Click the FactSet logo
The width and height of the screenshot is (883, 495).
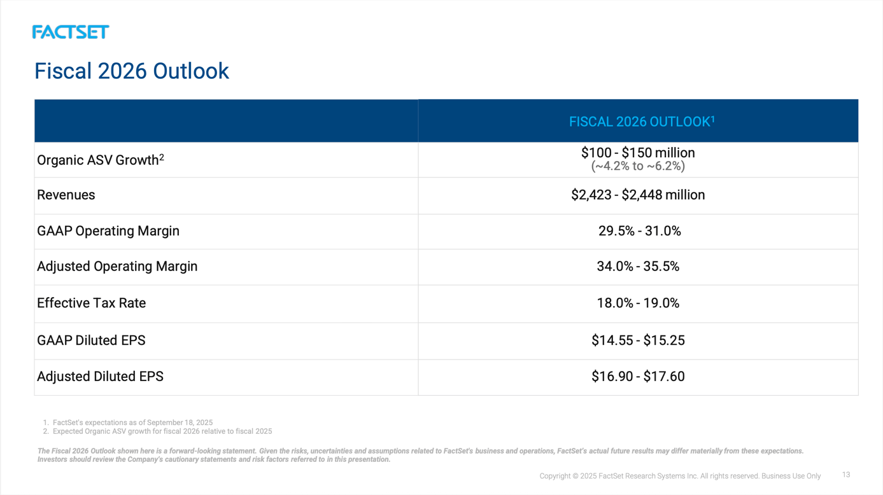pyautogui.click(x=71, y=32)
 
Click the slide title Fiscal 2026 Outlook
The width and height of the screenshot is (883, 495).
pyautogui.click(x=131, y=71)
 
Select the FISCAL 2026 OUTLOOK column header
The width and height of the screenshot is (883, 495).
pyautogui.click(x=641, y=122)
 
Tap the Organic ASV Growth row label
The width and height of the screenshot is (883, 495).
pyautogui.click(x=100, y=160)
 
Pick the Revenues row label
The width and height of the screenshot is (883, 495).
pyautogui.click(x=66, y=195)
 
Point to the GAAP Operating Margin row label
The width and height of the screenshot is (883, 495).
pyautogui.click(x=108, y=231)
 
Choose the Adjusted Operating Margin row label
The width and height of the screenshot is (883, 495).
pyautogui.click(x=117, y=267)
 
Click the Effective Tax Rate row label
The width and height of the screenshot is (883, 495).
pyautogui.click(x=91, y=303)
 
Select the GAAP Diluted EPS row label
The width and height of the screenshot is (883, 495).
pyautogui.click(x=91, y=340)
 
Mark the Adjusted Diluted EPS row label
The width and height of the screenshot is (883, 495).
pyautogui.click(x=100, y=377)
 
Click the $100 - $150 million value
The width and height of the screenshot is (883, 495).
pyautogui.click(x=638, y=153)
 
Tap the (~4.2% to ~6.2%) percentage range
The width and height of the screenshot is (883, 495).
pyautogui.click(x=638, y=167)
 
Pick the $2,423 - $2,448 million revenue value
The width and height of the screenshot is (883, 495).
pyautogui.click(x=638, y=195)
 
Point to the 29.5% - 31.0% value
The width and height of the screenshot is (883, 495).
pyautogui.click(x=639, y=231)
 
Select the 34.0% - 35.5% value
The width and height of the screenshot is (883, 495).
pyautogui.click(x=638, y=267)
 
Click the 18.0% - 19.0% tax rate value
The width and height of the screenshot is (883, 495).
pyautogui.click(x=638, y=303)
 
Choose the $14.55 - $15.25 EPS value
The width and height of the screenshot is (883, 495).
pyautogui.click(x=638, y=340)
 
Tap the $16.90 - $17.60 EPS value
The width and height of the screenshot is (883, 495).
pyautogui.click(x=638, y=377)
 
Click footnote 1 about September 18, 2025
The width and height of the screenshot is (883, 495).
pyautogui.click(x=132, y=422)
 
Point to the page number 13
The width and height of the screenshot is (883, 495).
pyautogui.click(x=845, y=475)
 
